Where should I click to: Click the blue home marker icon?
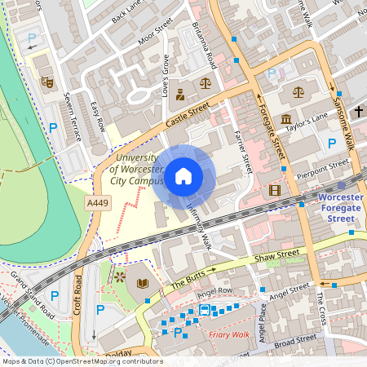tap(183, 175)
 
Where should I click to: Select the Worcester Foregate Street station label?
tap(336, 208)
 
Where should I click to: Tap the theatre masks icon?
tap(46, 82)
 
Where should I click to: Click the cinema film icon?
tap(274, 190)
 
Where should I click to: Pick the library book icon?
tap(143, 283)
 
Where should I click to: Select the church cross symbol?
tap(359, 111)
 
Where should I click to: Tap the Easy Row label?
tap(98, 114)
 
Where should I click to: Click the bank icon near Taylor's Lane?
tap(286, 121)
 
